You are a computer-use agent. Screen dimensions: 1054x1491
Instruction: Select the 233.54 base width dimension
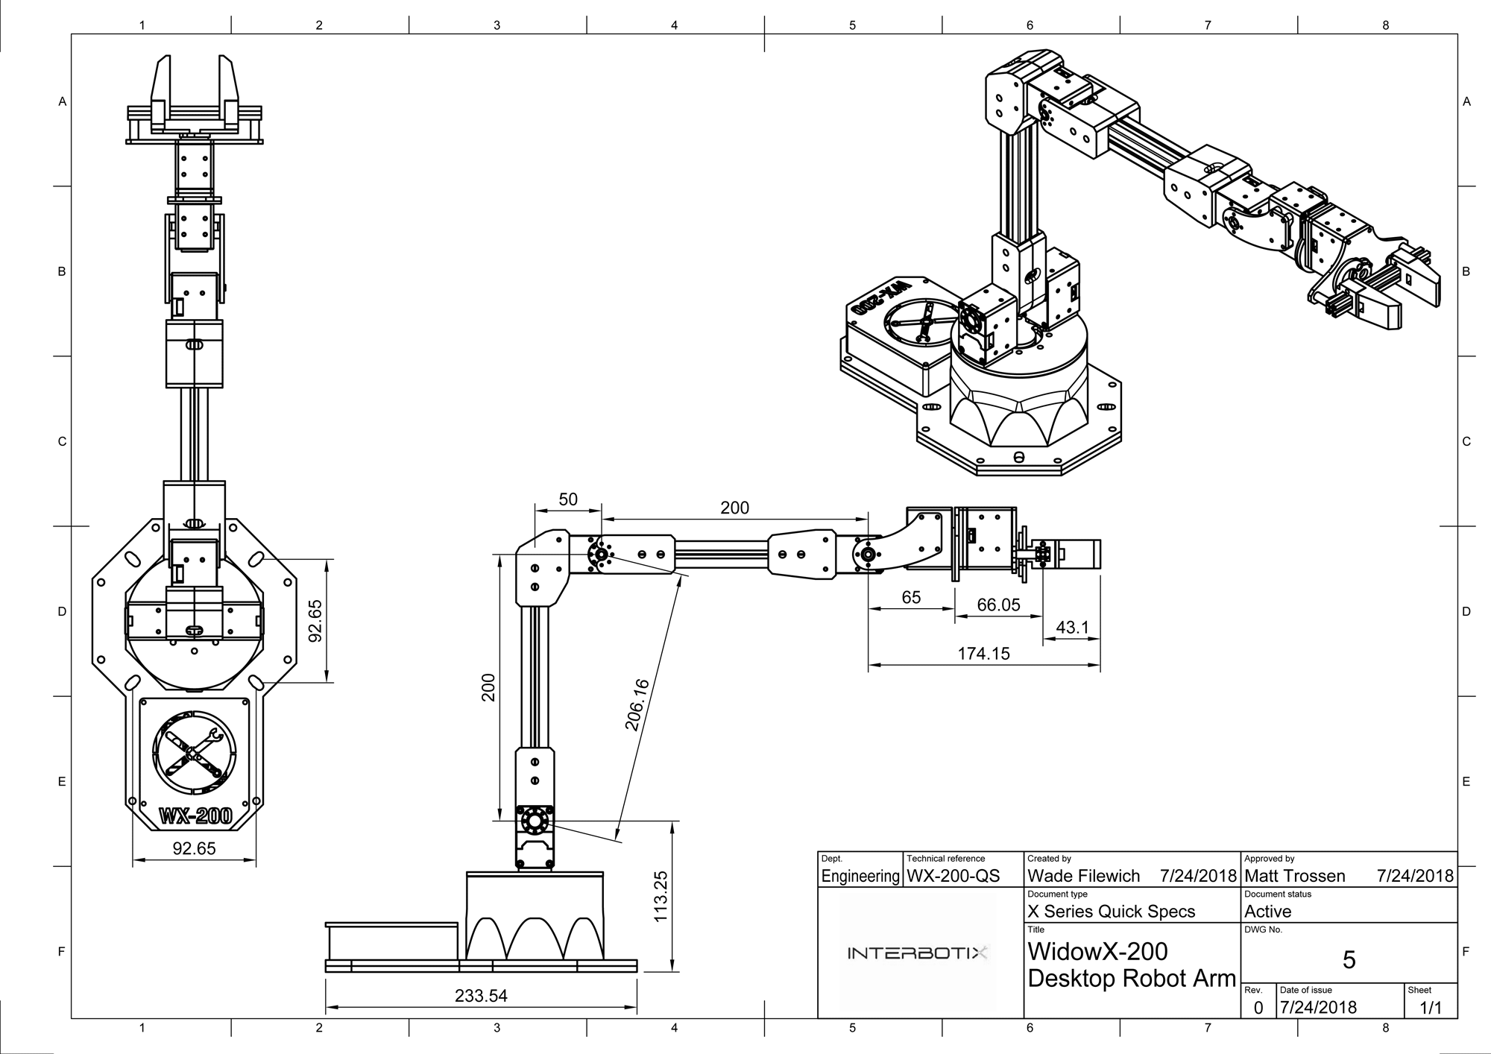[481, 996]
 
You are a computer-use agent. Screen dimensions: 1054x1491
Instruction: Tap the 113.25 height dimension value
[661, 896]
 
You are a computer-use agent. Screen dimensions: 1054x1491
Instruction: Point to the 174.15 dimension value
[983, 654]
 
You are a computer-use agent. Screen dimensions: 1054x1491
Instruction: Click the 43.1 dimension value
[1072, 628]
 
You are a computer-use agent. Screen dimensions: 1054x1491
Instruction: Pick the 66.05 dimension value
[998, 605]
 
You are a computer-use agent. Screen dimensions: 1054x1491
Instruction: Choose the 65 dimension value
[911, 597]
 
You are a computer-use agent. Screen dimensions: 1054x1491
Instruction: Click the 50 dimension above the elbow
[568, 499]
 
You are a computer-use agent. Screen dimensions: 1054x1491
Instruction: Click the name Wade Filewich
[1083, 876]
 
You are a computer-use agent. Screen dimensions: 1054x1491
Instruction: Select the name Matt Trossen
[1295, 876]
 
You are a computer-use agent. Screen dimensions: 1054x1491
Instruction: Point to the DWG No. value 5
[1349, 960]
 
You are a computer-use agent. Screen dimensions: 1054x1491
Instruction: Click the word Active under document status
[1267, 912]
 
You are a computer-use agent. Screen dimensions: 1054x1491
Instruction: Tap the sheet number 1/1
[1430, 1008]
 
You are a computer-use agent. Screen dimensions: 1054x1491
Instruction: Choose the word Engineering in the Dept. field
[860, 877]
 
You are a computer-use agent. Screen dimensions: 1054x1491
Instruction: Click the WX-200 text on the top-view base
[195, 816]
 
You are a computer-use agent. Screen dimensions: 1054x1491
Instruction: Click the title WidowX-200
[1097, 952]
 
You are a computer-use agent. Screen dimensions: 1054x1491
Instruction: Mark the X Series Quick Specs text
[1111, 912]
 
